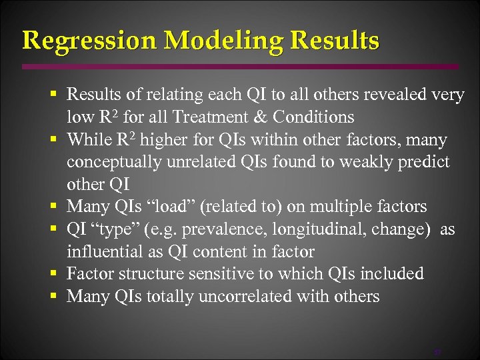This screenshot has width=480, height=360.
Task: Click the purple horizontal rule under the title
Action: tap(240, 67)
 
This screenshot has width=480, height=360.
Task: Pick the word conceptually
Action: tap(111, 162)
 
